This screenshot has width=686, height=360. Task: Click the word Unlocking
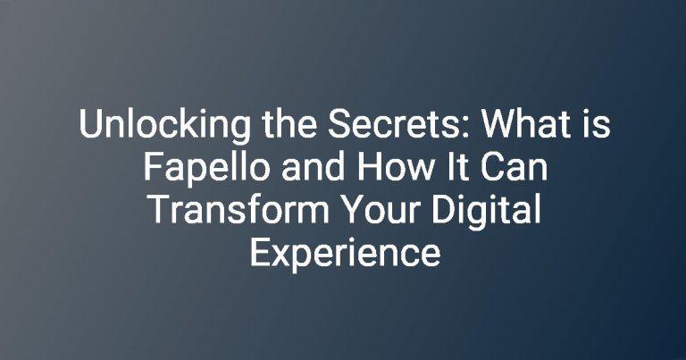(x=165, y=126)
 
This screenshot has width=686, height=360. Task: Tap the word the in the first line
(x=289, y=124)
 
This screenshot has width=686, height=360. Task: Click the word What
(x=528, y=124)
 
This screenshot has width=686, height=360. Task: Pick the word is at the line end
(x=597, y=124)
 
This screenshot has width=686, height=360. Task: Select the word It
(x=458, y=167)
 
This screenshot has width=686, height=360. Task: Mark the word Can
(x=514, y=167)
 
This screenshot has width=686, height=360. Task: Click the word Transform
(x=238, y=210)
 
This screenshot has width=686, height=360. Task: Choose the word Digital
(x=486, y=213)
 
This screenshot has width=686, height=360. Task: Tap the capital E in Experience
(x=260, y=253)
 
